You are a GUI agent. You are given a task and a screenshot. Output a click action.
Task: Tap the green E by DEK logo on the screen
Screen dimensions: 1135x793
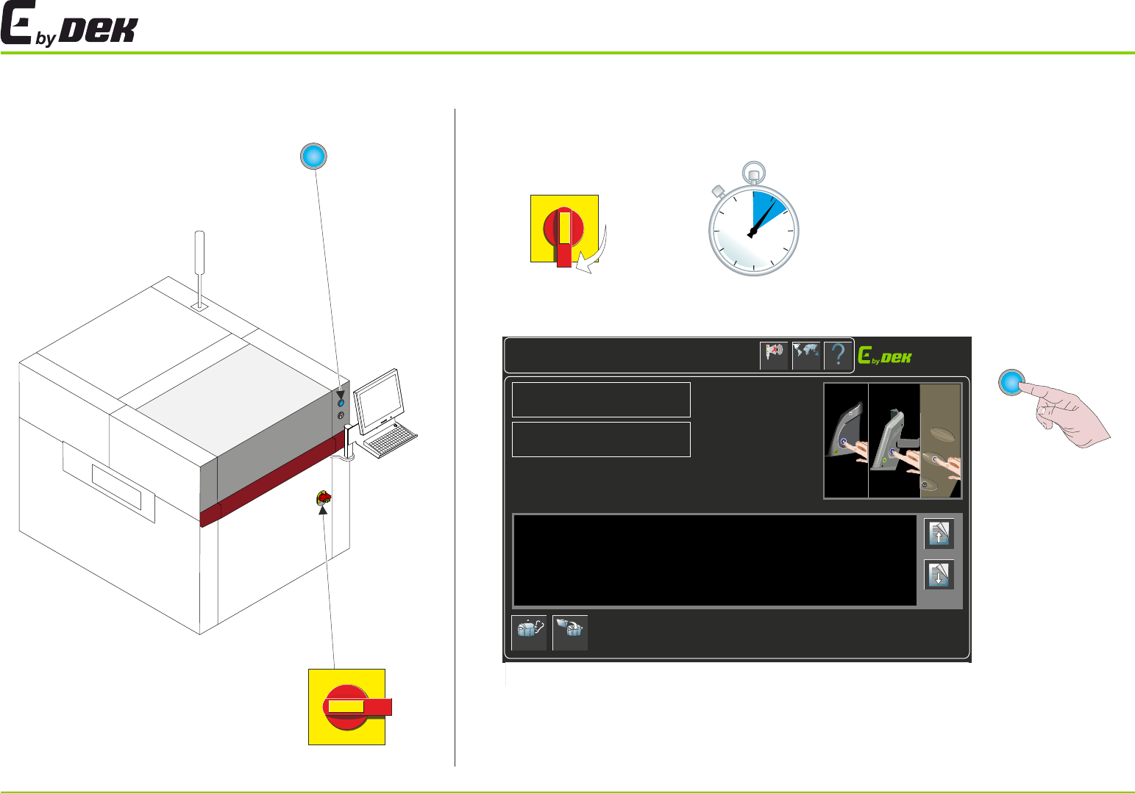tap(885, 356)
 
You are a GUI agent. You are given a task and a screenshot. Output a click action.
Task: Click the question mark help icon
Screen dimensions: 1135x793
tap(838, 356)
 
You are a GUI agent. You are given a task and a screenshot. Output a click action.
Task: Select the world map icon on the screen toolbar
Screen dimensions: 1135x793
tap(806, 356)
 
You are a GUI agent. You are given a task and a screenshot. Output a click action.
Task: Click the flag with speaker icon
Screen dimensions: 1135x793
tap(774, 356)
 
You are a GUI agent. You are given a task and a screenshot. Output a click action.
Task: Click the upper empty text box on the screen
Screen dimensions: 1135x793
tap(601, 399)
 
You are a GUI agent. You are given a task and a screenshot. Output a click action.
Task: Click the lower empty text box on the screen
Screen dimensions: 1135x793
tap(601, 439)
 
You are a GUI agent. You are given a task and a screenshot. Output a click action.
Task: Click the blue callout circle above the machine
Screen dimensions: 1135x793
tap(313, 156)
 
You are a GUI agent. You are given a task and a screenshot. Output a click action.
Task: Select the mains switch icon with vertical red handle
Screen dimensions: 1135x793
tap(564, 229)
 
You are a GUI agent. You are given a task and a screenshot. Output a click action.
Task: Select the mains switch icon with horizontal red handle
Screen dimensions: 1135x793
tap(347, 706)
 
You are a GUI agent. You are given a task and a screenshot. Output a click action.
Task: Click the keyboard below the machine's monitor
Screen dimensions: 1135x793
tap(389, 440)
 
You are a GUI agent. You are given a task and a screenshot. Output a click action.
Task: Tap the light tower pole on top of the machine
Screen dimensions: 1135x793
tap(199, 265)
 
